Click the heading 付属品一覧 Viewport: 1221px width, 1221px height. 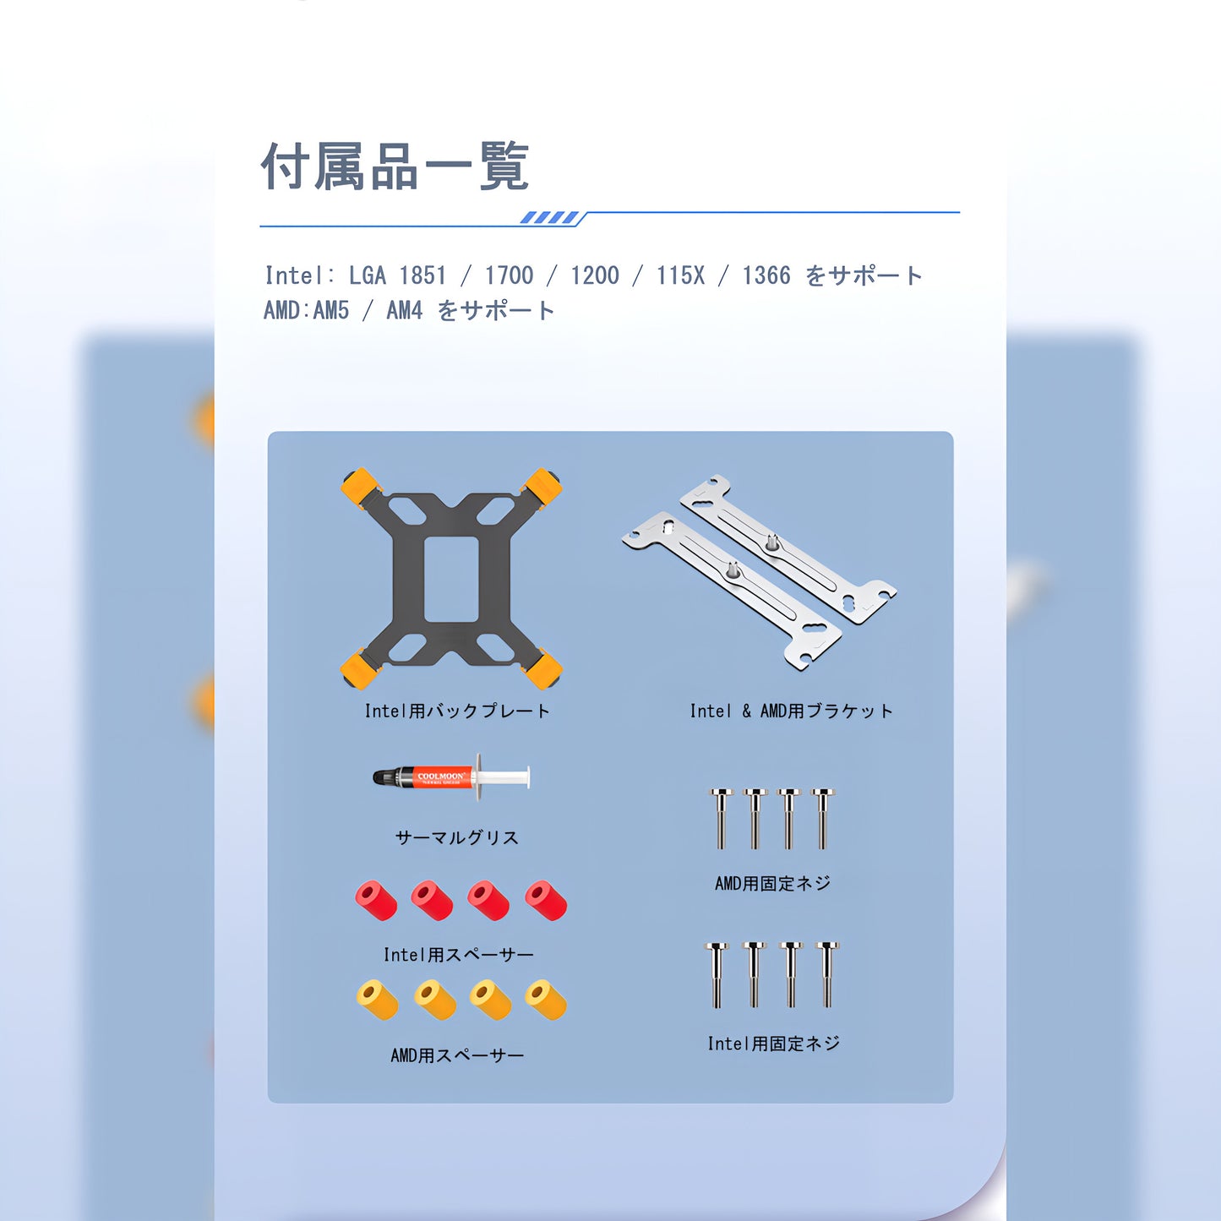(395, 166)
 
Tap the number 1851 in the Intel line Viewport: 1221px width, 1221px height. (422, 275)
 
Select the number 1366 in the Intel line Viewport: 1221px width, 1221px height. (766, 275)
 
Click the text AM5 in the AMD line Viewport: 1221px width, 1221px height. (330, 310)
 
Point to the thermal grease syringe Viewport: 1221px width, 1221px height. (451, 777)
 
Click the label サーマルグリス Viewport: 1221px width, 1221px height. (457, 837)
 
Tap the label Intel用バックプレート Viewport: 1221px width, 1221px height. (457, 711)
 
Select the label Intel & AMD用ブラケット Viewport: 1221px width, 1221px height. (792, 711)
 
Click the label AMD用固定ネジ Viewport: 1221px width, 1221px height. (772, 883)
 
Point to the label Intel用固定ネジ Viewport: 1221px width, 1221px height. (774, 1044)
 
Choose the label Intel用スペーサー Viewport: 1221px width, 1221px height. (458, 954)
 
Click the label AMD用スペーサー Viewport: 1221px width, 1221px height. (457, 1055)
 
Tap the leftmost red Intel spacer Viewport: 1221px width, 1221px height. (376, 900)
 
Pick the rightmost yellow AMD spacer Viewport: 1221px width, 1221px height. (546, 1000)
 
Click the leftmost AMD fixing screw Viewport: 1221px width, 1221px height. (721, 818)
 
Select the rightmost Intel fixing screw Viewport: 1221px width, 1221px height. (827, 975)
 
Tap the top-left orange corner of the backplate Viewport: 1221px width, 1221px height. (361, 488)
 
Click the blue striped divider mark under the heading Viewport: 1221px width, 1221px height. (549, 218)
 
